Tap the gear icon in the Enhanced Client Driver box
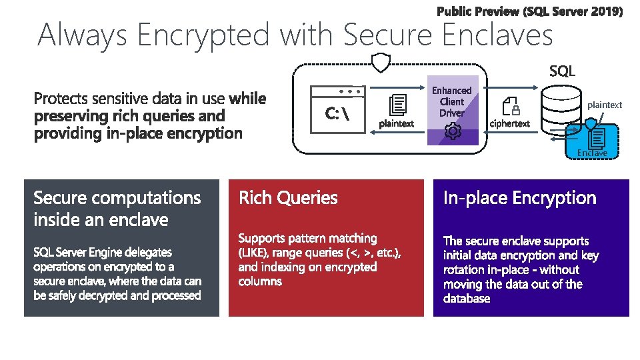(x=453, y=131)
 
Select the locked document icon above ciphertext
(x=511, y=106)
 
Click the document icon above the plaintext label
(x=398, y=106)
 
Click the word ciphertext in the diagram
(x=510, y=123)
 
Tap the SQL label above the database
(x=562, y=71)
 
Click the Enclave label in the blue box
(x=592, y=153)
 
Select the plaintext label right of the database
(x=605, y=105)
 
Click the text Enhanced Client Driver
(x=451, y=101)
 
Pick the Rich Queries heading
(x=288, y=198)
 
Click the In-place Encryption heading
(x=520, y=198)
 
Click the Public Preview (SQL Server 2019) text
(x=530, y=11)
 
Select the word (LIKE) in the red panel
(x=254, y=253)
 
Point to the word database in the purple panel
(x=467, y=298)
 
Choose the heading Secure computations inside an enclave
(x=117, y=209)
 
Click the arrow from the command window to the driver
(x=399, y=87)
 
